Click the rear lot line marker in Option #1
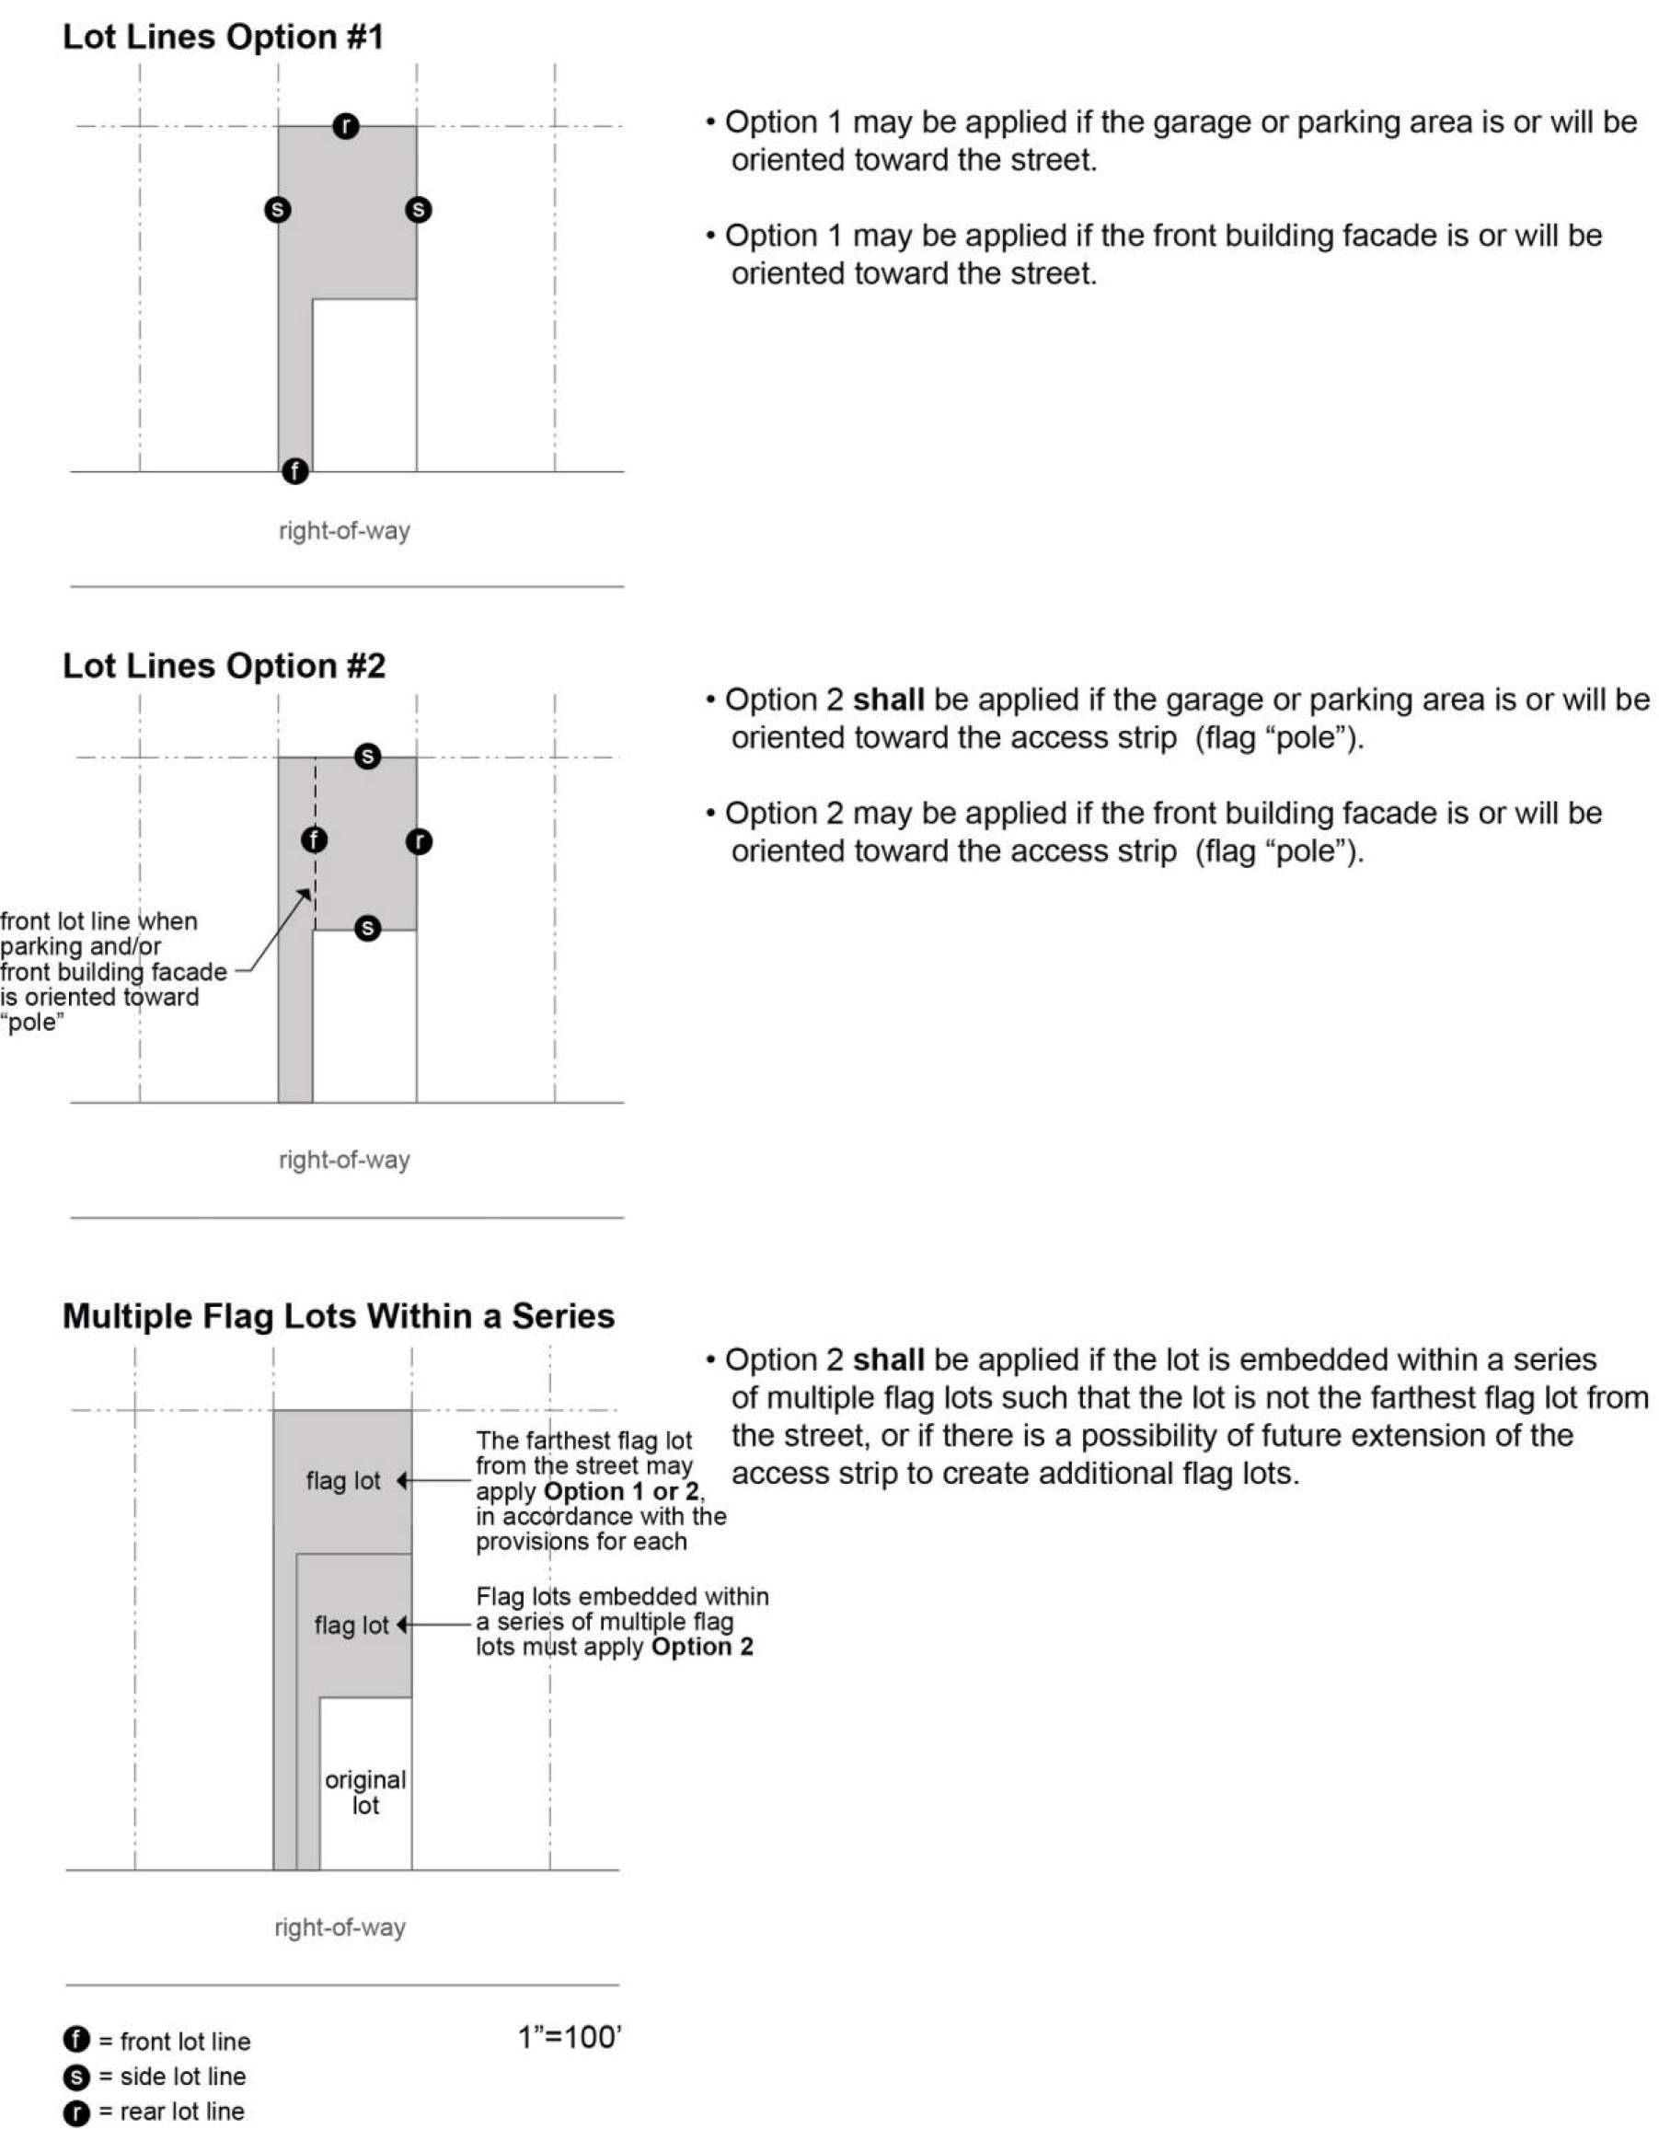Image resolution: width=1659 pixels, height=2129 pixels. (x=345, y=126)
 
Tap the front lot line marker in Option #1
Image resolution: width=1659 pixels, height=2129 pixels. (x=295, y=471)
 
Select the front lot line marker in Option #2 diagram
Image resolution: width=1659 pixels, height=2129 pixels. (x=314, y=839)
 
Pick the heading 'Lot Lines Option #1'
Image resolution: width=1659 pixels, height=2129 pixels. (x=224, y=37)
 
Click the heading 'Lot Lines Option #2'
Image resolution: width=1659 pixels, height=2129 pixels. (x=225, y=665)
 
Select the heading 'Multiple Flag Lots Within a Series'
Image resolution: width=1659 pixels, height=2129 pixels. (x=339, y=1316)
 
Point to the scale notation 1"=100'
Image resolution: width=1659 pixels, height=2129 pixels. (x=570, y=2037)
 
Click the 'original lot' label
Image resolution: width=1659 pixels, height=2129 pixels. (x=365, y=1793)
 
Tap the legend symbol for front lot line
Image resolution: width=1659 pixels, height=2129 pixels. (x=76, y=2040)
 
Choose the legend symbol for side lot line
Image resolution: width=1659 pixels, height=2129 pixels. (x=76, y=2077)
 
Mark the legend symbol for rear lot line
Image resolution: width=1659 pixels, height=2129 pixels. (x=76, y=2112)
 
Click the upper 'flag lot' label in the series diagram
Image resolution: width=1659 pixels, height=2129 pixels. (x=343, y=1481)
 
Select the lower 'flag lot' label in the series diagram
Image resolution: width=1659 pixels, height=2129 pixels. (x=351, y=1625)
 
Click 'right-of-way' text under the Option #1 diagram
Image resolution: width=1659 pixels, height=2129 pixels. (x=344, y=531)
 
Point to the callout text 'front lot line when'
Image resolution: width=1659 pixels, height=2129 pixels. (x=98, y=921)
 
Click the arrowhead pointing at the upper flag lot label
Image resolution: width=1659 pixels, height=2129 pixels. (x=401, y=1481)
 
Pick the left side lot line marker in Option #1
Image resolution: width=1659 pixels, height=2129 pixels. (x=278, y=210)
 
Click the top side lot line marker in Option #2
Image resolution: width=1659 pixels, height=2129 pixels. (x=367, y=756)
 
